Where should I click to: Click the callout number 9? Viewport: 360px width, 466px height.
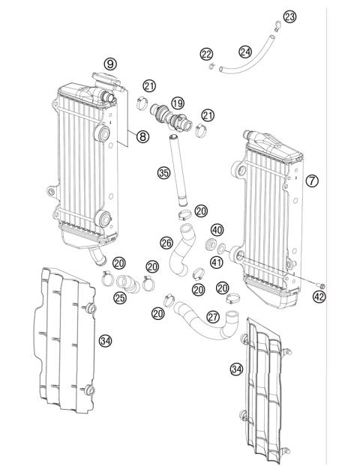110,64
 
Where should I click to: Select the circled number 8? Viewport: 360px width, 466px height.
142,136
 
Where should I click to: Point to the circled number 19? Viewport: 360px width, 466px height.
177,103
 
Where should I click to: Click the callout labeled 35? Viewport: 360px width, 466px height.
163,172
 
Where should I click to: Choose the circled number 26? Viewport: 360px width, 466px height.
166,243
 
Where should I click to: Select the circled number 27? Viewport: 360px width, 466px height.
214,317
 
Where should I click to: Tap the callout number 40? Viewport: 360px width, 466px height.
217,229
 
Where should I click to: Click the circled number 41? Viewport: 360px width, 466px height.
217,262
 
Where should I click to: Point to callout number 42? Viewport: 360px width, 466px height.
320,297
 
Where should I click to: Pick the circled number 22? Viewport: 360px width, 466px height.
206,53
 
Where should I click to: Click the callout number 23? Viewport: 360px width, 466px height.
289,16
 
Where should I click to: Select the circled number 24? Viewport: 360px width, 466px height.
245,52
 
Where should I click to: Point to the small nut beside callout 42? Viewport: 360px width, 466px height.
321,285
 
